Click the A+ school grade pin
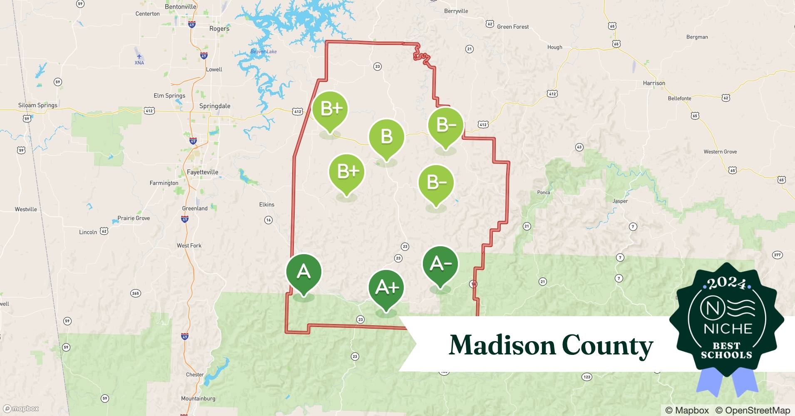pos(386,288)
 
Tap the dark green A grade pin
pos(303,272)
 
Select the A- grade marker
pos(440,264)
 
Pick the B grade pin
pos(386,137)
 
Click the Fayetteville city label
pos(202,172)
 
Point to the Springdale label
pos(214,106)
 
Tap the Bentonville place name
pos(180,7)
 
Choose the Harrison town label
pos(654,83)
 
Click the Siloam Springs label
pos(38,105)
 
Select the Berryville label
pos(456,11)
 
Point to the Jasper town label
pos(620,201)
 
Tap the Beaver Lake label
pos(263,52)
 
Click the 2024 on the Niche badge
pos(727,283)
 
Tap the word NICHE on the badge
pos(728,329)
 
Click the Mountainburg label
pos(198,399)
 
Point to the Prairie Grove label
pos(133,218)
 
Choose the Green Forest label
pos(513,27)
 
